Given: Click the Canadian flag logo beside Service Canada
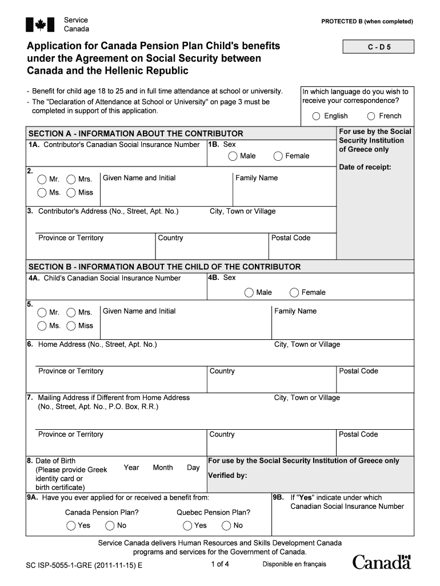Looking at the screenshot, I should point(39,25).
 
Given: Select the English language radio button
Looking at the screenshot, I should point(316,116).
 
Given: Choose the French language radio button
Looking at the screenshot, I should point(371,116).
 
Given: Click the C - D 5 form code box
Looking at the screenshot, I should point(379,47).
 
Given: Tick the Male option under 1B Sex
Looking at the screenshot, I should point(233,156).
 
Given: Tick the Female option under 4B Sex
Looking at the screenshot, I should point(294,292).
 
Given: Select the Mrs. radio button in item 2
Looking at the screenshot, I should point(71,179).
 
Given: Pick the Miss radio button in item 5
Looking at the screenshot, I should point(71,326).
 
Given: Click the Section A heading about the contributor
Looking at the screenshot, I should point(135,133).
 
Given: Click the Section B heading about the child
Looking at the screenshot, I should point(165,267).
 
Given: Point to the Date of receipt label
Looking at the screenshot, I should point(365,167).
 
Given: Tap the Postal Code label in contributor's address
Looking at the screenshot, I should point(290,238).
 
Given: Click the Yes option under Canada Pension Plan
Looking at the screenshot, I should point(71,525).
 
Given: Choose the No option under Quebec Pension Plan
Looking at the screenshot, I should point(226,525).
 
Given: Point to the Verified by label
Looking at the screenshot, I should point(227,475).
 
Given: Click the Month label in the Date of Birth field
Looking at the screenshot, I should point(163,468).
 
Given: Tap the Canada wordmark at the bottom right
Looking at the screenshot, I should point(382,563).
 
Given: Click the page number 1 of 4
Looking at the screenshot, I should point(219,564).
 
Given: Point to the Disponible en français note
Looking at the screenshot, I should point(294,564).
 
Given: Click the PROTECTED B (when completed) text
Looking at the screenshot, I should point(367,22).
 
